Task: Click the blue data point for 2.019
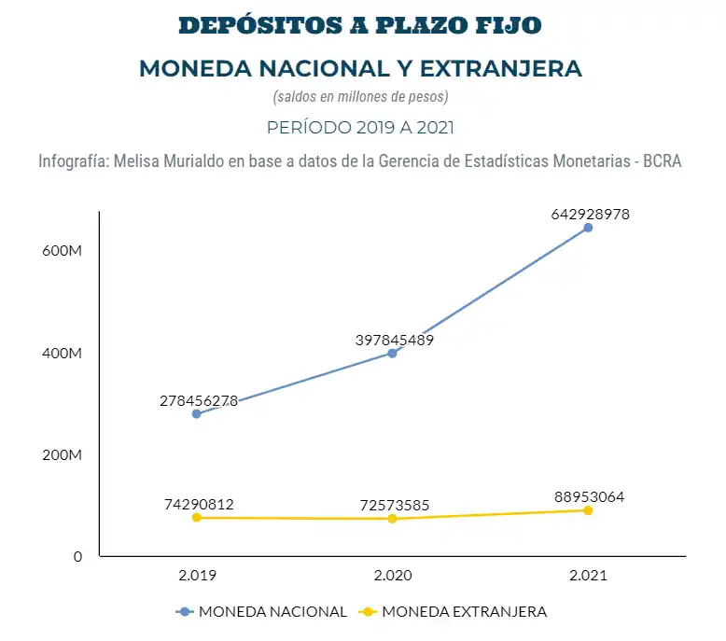click(196, 413)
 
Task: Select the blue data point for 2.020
click(392, 353)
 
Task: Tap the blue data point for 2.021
click(588, 228)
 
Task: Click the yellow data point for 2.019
click(196, 517)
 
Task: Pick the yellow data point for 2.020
click(392, 519)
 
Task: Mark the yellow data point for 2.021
click(588, 510)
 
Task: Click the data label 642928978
click(591, 214)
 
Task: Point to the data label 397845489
click(395, 340)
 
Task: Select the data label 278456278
click(199, 400)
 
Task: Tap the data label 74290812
click(199, 504)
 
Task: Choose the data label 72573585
click(395, 506)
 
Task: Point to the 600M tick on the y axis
click(63, 252)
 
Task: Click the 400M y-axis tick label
click(63, 354)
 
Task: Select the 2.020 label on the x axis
click(392, 577)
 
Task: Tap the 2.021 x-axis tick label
click(588, 577)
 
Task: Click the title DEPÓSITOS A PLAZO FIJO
click(360, 25)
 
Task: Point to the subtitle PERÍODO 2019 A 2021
click(360, 127)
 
